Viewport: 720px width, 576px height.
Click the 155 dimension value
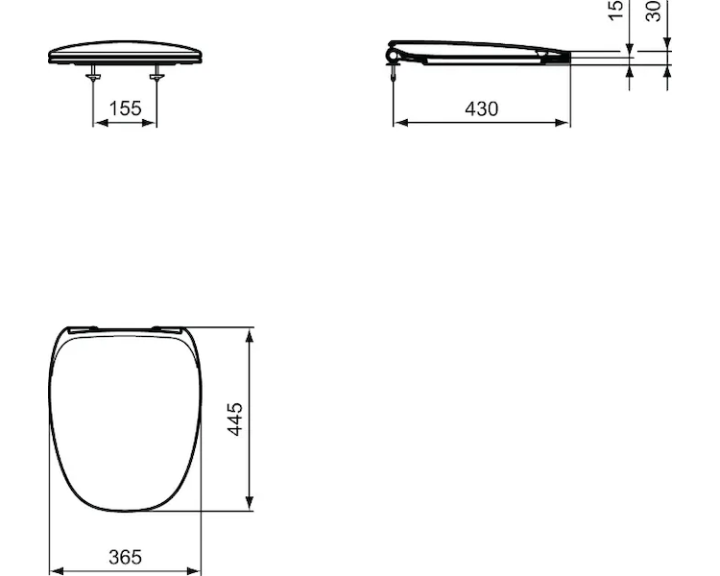tap(125, 108)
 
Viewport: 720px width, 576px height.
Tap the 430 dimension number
tap(481, 109)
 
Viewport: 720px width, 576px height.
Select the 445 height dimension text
tap(235, 419)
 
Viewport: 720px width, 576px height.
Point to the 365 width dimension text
tap(125, 557)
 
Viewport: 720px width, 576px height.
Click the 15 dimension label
tap(615, 11)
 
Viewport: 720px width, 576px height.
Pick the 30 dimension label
tap(654, 11)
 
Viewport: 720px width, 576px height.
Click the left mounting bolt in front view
tap(93, 72)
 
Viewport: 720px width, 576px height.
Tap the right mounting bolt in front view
tap(156, 72)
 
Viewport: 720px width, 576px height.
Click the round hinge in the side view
tap(393, 56)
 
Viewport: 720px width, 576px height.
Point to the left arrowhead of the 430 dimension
tap(401, 123)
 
